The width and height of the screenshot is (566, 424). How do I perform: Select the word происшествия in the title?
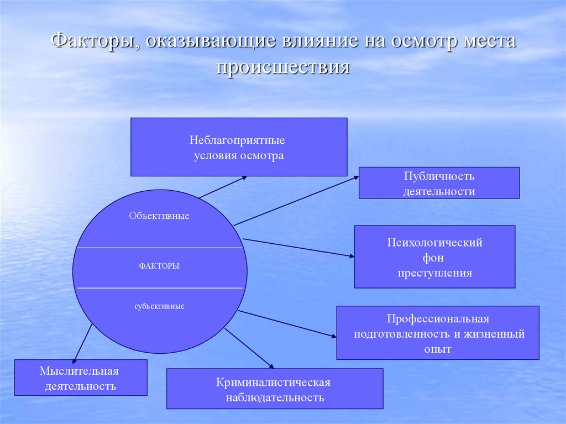click(283, 67)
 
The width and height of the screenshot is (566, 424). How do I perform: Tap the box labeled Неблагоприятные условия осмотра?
click(239, 147)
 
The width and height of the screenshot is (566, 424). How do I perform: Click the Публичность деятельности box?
click(439, 183)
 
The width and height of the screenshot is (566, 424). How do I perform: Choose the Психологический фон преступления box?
click(434, 257)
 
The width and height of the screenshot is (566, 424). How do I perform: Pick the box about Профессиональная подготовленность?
click(438, 333)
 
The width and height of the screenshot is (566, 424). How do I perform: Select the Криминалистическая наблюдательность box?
click(275, 389)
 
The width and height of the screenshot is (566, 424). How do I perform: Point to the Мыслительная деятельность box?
click(81, 378)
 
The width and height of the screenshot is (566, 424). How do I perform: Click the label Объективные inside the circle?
click(159, 216)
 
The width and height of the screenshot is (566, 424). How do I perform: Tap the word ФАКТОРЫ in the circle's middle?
click(159, 266)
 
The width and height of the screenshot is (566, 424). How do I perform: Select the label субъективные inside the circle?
click(159, 306)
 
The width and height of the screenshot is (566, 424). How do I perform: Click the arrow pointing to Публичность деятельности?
click(296, 201)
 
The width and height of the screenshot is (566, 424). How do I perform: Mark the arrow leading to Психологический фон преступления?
click(298, 247)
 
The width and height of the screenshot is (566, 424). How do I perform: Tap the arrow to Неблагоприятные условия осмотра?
click(223, 187)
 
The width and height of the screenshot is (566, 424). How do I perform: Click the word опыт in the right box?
click(438, 349)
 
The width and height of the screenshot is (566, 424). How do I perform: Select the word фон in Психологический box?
click(434, 258)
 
